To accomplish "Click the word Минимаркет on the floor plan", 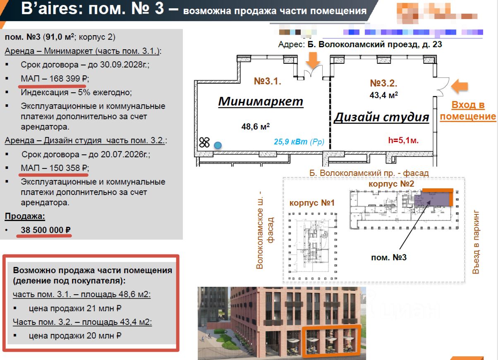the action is (261, 101).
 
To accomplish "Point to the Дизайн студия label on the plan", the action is (381, 117).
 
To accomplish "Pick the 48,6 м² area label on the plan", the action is (256, 126).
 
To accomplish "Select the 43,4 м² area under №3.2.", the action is (383, 95).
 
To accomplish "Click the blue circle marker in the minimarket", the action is (217, 145).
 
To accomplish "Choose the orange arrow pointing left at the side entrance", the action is (459, 86).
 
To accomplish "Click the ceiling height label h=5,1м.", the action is (403, 140).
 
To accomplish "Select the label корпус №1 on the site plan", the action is (311, 203).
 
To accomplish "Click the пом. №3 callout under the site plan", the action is (388, 257).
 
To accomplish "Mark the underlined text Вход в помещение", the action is (467, 110).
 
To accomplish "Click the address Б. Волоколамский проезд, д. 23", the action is (375, 44).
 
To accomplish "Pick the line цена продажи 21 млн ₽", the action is (75, 308).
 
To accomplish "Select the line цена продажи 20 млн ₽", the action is (75, 336).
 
